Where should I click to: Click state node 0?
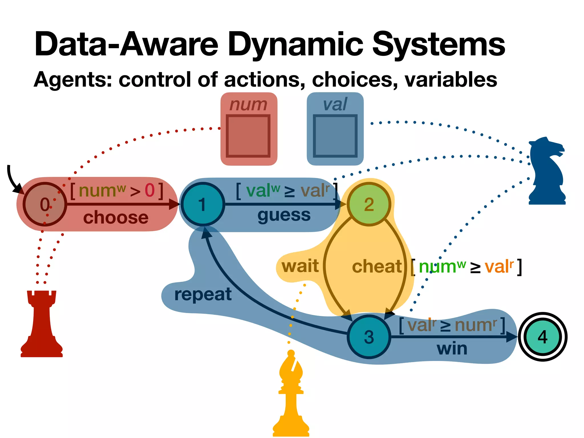[x=45, y=204]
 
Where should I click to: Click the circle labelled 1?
[x=203, y=204]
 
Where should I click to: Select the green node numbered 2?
[x=369, y=204]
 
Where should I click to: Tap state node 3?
[x=369, y=337]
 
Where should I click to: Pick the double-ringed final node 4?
[x=542, y=337]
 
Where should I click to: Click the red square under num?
[x=248, y=136]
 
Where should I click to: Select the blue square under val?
[x=335, y=136]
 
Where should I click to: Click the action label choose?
[x=116, y=218]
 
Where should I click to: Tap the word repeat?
[x=203, y=294]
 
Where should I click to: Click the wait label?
[x=300, y=266]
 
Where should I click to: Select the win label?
[x=452, y=348]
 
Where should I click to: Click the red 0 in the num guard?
[x=150, y=190]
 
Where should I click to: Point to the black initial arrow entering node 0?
[x=13, y=180]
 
